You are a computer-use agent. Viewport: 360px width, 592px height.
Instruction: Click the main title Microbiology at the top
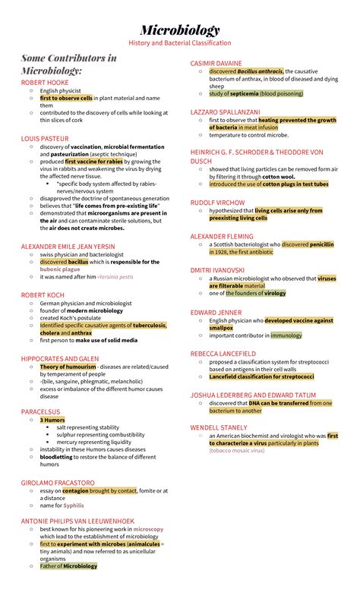[x=180, y=30]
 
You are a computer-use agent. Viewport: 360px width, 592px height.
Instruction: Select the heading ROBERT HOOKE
[x=45, y=82]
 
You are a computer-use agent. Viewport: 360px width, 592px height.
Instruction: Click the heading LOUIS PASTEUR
[x=44, y=139]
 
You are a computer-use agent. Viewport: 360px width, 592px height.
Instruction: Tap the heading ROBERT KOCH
[x=42, y=294]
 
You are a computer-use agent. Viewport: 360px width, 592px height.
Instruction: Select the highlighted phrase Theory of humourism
[x=68, y=367]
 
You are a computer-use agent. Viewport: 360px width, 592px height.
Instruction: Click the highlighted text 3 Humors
[x=52, y=420]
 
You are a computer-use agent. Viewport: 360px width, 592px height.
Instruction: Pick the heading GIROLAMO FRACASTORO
[x=58, y=482]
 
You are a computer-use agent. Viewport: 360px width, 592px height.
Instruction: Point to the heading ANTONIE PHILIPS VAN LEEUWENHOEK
[x=77, y=521]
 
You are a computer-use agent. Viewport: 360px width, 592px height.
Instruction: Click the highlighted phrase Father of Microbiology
[x=68, y=566]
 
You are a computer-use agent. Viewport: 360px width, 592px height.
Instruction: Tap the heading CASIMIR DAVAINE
[x=216, y=63]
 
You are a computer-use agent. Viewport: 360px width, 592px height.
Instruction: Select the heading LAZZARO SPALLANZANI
[x=226, y=112]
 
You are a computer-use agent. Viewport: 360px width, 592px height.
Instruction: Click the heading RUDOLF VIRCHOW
[x=217, y=203]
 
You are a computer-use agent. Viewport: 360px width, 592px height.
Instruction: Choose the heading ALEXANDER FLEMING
[x=223, y=237]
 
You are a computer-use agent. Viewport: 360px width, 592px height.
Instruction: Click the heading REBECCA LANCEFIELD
[x=223, y=354]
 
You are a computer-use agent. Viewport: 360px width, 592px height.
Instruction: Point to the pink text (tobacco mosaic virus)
[x=236, y=451]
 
